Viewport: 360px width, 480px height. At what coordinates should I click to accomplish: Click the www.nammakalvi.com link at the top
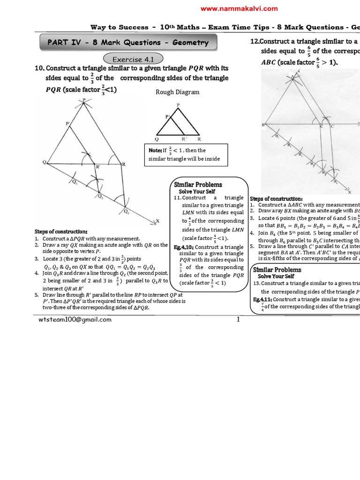point(239,8)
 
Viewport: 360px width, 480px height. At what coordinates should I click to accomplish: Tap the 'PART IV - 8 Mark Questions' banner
point(128,43)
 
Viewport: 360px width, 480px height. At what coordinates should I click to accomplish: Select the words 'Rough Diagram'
point(177,92)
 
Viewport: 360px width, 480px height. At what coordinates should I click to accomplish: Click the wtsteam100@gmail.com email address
point(75,320)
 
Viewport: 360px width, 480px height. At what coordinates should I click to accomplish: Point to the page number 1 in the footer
point(238,320)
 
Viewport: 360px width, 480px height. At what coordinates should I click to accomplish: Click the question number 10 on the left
point(39,68)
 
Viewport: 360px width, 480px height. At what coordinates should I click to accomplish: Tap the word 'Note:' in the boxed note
point(155,150)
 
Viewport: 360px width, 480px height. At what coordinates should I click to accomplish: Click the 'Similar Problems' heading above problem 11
point(198,185)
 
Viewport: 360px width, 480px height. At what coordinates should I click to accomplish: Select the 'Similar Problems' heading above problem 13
point(277,270)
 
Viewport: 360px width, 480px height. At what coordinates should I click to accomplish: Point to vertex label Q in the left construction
point(45,162)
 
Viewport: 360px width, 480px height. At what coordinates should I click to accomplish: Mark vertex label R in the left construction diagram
point(124,164)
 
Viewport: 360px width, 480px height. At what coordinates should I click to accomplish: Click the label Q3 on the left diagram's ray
point(127,211)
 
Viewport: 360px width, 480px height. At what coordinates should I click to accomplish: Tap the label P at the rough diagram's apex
point(177,105)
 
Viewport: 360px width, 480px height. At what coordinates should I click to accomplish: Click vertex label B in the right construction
point(263,125)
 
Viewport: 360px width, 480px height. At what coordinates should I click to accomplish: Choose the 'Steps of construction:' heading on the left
point(61,232)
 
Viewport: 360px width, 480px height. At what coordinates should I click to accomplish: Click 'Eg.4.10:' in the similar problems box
point(183,247)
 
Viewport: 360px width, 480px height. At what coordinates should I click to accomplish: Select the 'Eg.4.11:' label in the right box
point(262,299)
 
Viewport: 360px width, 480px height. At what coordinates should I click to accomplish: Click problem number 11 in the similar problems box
point(177,198)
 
